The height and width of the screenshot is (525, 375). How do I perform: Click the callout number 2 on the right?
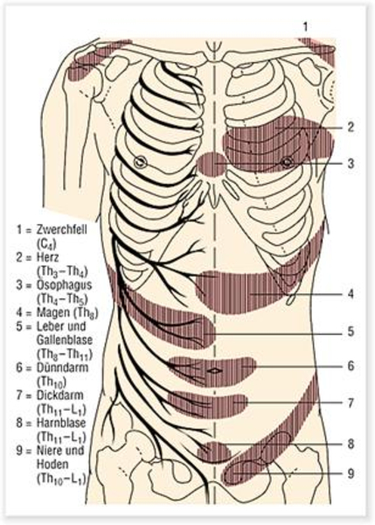point(351,127)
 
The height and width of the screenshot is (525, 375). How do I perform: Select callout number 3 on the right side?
point(351,164)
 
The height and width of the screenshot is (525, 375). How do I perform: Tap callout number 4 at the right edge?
point(351,294)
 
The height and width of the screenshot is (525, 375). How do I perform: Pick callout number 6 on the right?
point(351,366)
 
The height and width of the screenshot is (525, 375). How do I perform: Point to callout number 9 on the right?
point(351,473)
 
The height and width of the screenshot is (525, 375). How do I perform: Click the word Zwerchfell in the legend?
point(61,230)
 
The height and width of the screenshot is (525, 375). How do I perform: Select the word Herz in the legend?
point(47,257)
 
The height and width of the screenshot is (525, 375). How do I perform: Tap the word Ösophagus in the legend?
point(64,285)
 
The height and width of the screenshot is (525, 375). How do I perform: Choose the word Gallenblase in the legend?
point(64,340)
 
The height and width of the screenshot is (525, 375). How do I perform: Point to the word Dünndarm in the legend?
point(62,367)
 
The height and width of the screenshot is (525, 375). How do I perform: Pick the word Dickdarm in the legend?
point(59,395)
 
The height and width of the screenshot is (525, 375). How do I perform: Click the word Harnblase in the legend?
point(61,423)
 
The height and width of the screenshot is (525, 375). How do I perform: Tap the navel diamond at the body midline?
point(215,371)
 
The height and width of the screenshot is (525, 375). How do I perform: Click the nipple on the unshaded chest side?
point(140,162)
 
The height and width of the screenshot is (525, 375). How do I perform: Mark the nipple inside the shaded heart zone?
point(287,163)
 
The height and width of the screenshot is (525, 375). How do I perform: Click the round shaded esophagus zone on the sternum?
point(212,164)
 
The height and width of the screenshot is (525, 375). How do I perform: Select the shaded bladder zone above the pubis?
point(214,452)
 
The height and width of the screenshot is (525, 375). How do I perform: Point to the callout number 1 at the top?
point(305,27)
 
